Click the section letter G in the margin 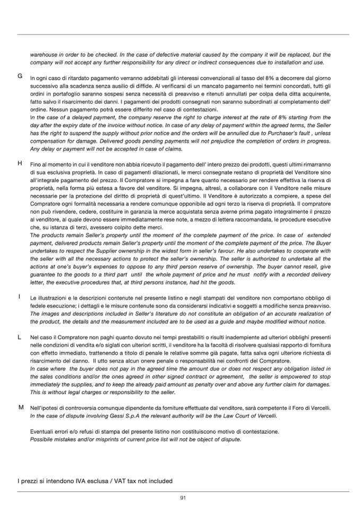pyautogui.click(x=20, y=76)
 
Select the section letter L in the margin pyautogui.click(x=19, y=337)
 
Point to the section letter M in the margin pyautogui.click(x=20, y=407)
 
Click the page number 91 pyautogui.click(x=183, y=497)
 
